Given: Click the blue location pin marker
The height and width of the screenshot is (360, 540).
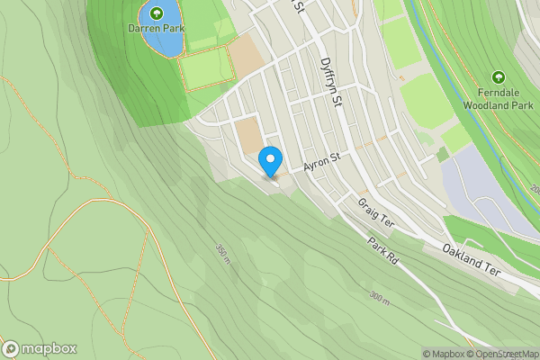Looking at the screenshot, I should (269, 162).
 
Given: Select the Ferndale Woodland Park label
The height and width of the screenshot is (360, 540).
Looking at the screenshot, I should (499, 98).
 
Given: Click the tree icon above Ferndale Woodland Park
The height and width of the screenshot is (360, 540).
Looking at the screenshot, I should (499, 79).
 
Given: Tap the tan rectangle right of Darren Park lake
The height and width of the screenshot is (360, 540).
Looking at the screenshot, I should (242, 58).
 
